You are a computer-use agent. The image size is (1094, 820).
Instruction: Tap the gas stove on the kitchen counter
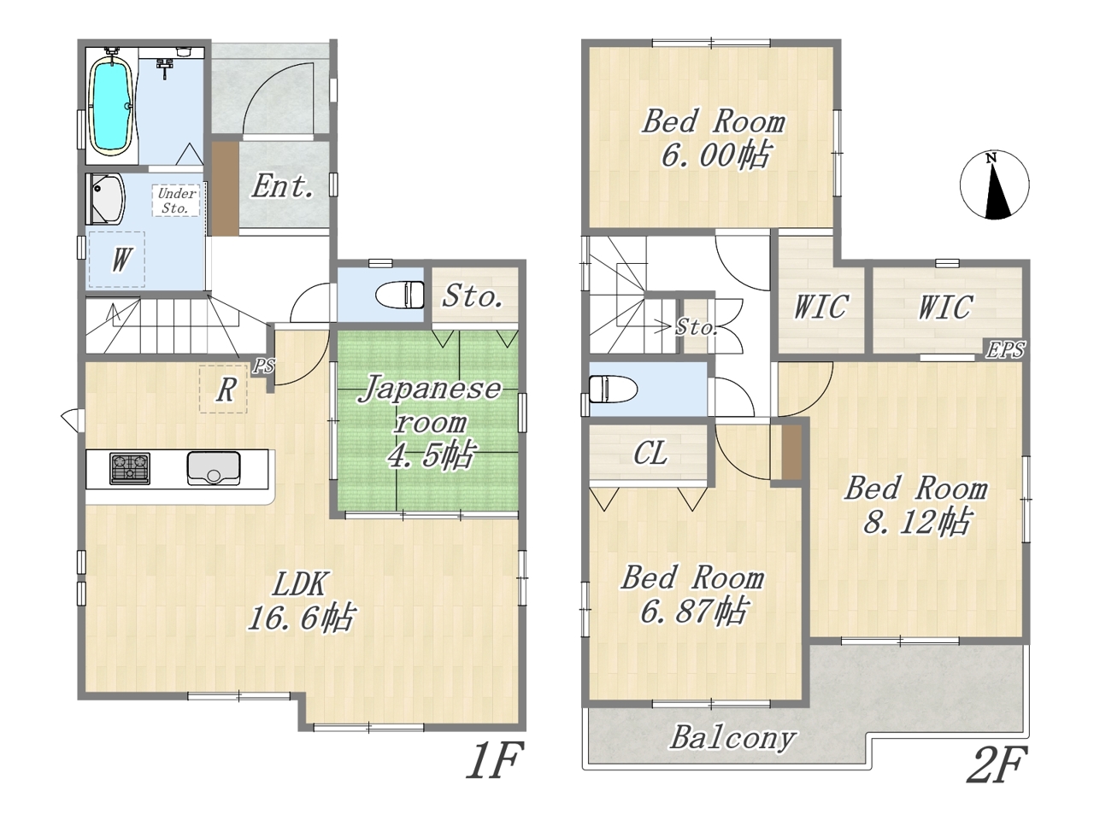(x=130, y=468)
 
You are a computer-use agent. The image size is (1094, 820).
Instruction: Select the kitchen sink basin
(x=214, y=468)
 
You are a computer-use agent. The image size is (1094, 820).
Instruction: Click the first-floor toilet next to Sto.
(x=400, y=295)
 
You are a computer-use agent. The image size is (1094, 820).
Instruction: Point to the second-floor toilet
(x=613, y=389)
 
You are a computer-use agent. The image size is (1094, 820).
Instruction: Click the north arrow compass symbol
(x=994, y=184)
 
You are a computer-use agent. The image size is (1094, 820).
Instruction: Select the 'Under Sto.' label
(x=176, y=201)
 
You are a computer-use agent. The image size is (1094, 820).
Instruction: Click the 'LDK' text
(x=299, y=583)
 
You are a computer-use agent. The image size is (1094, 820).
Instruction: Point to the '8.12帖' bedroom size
(x=916, y=521)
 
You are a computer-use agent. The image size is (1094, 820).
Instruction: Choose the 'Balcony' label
(x=732, y=738)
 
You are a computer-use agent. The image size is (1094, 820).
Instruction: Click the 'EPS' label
(x=1005, y=349)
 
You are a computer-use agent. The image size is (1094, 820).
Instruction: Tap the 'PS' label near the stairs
(x=263, y=366)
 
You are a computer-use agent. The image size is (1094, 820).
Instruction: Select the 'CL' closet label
(x=650, y=453)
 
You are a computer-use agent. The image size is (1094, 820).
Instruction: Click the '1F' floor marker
(x=494, y=761)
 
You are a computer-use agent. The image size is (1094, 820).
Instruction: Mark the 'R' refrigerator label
(x=226, y=389)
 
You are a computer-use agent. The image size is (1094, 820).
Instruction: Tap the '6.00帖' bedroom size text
(x=714, y=155)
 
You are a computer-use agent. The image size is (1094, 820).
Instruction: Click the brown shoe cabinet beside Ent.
(x=226, y=189)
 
